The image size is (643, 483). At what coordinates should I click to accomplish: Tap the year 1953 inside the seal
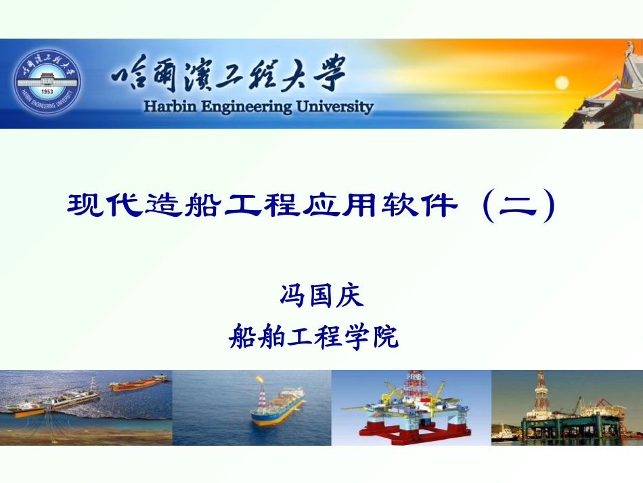[46, 91]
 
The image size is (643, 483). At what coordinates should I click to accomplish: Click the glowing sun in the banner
[560, 83]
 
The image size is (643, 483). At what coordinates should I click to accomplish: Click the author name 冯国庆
[321, 296]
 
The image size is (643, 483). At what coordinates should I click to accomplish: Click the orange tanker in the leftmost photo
[139, 383]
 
